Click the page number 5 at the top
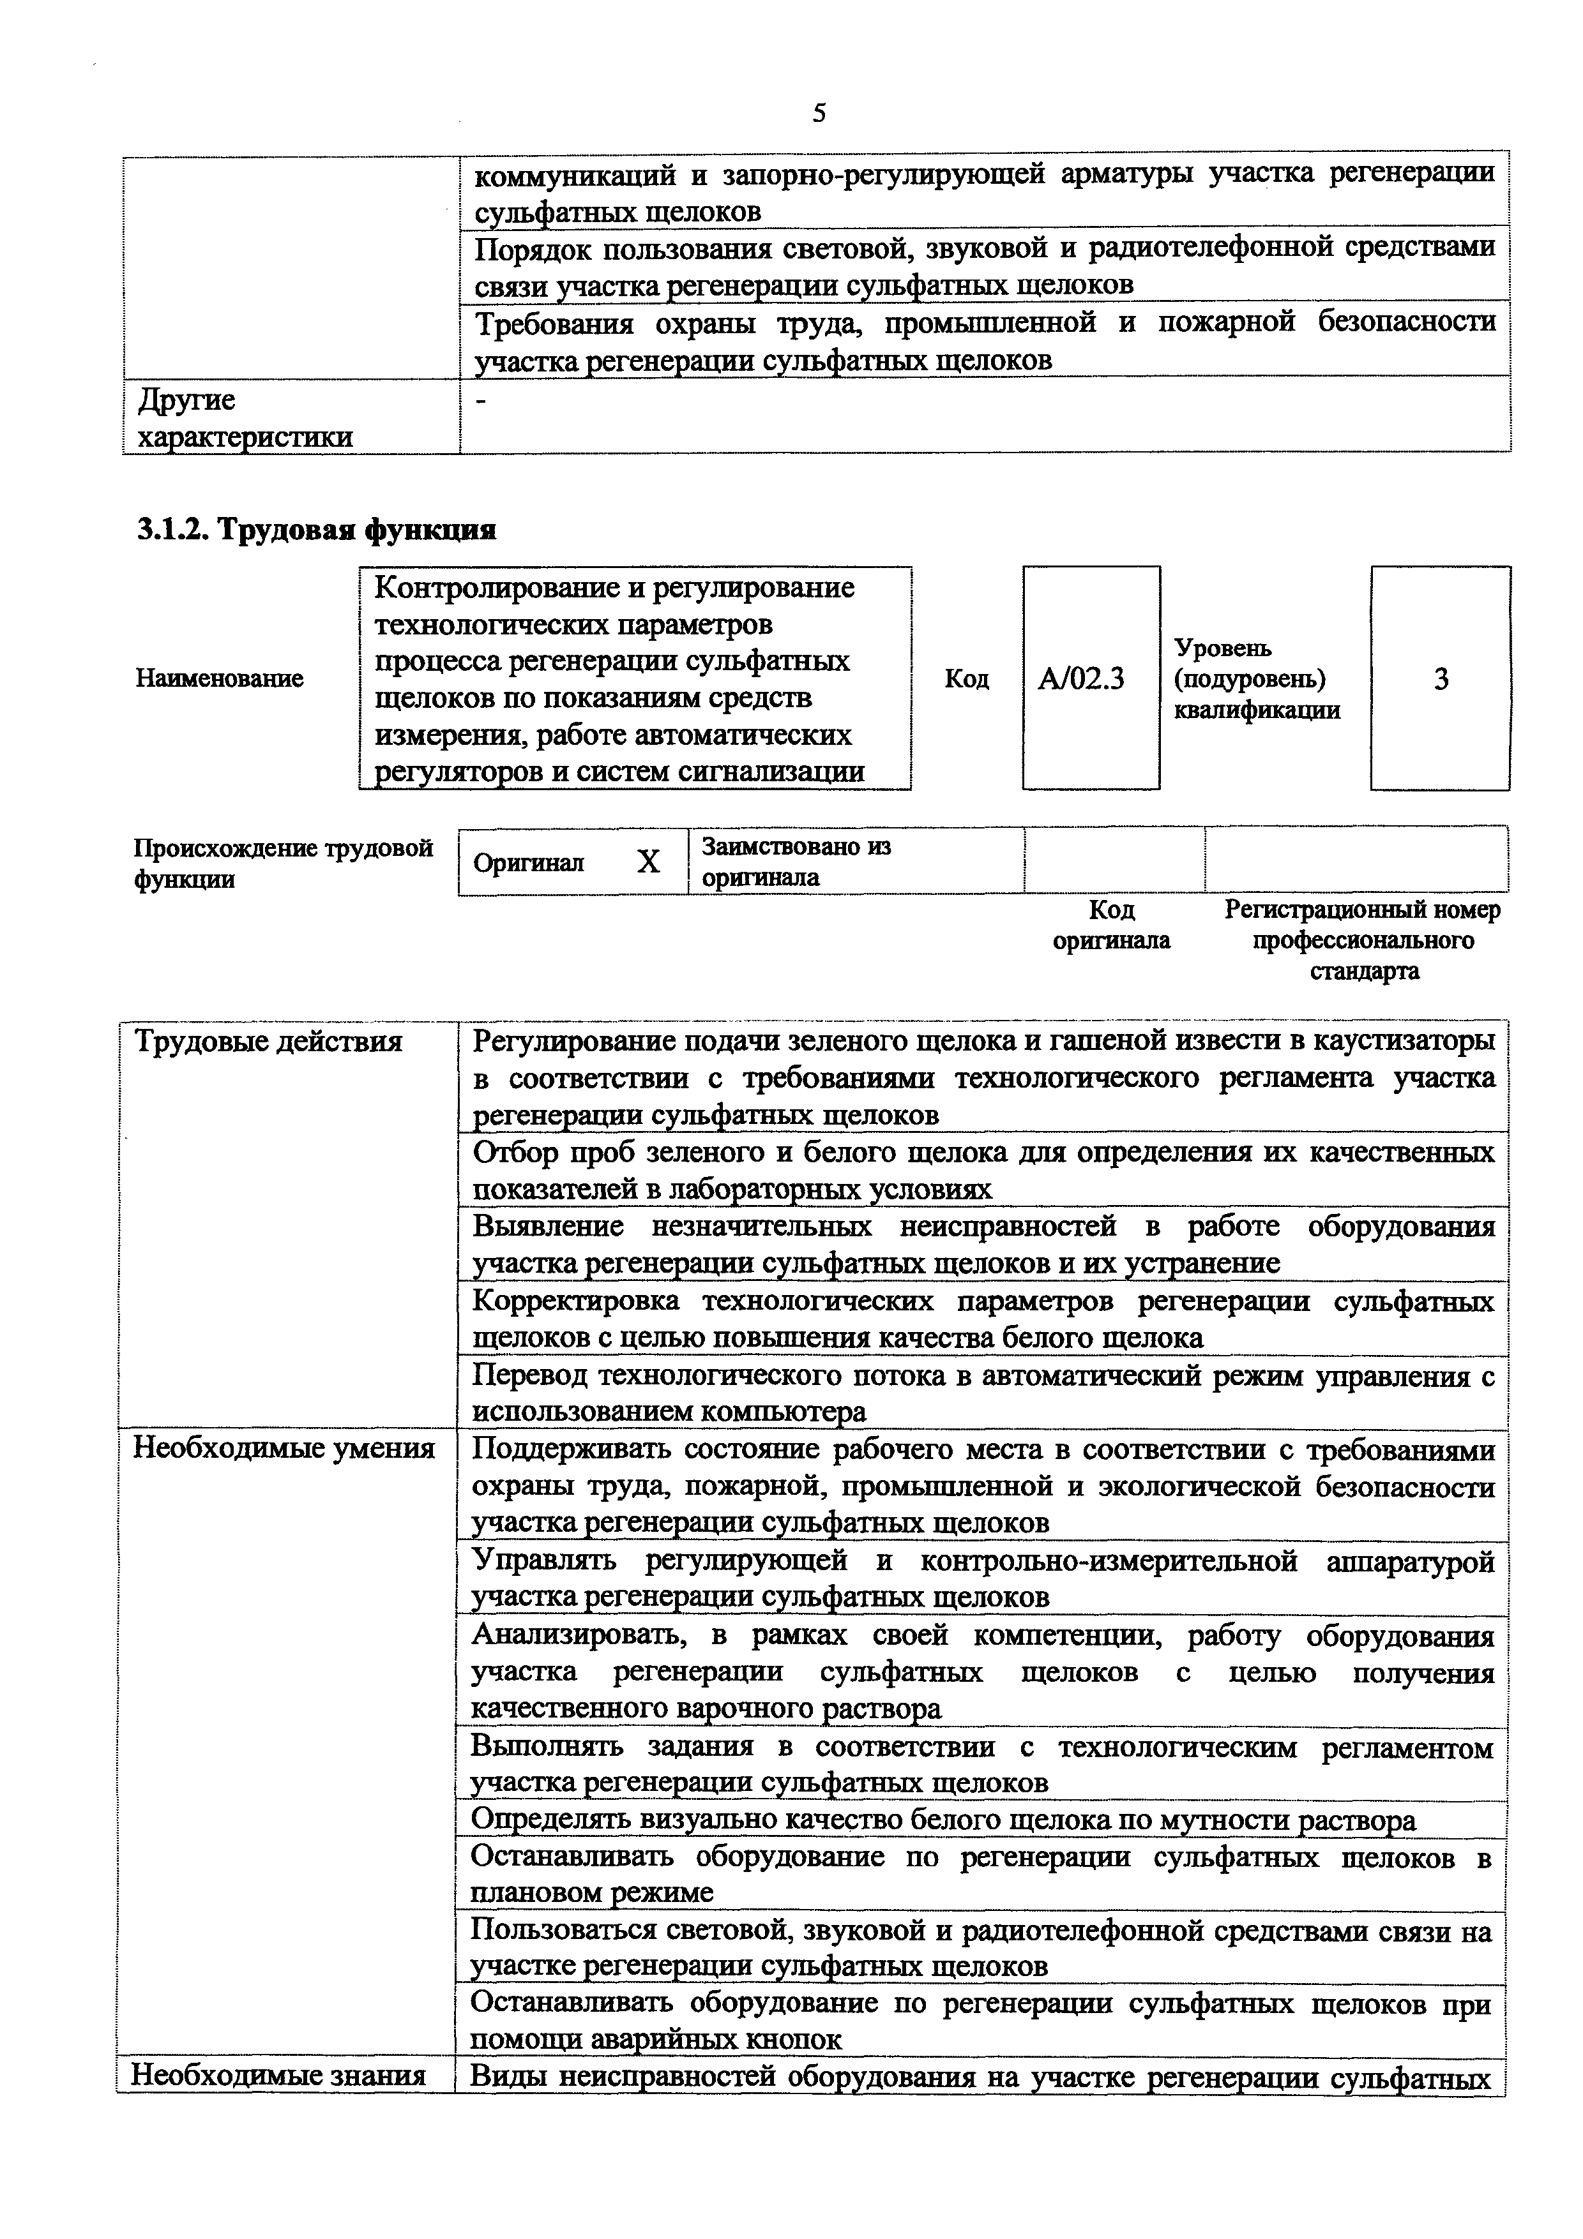[819, 114]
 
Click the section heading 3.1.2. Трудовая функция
[315, 530]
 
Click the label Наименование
[220, 678]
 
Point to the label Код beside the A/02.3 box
[967, 678]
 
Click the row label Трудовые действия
[268, 1042]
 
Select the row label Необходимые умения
[284, 1448]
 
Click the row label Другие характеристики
[244, 417]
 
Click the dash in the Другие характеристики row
[478, 400]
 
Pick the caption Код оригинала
[1112, 924]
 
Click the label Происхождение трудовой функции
[283, 863]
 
